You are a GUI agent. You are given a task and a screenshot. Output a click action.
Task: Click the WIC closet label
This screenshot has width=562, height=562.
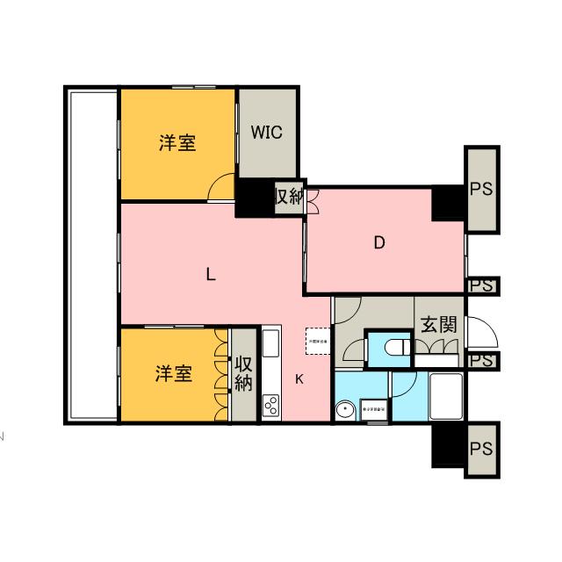[x=267, y=133]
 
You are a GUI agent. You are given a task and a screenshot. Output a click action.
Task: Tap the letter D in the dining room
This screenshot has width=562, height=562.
[x=379, y=243]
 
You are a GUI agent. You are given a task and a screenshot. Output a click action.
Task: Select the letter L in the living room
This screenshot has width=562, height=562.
[x=210, y=273]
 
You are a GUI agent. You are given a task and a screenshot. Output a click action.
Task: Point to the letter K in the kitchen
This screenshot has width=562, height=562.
[x=299, y=379]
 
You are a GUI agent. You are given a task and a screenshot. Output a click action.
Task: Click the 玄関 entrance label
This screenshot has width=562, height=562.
[x=437, y=323]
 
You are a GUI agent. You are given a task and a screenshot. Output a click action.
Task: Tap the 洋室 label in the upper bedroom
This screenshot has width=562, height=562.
[x=177, y=142]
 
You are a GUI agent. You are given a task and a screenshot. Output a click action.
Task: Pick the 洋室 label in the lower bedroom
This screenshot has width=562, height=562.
[x=173, y=373]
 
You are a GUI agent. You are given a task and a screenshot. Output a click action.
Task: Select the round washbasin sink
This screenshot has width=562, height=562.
[x=345, y=410]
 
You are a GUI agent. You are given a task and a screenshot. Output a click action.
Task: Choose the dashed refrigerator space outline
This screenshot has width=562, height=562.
[x=316, y=340]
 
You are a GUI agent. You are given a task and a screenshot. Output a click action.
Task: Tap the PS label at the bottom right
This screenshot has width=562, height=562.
[x=480, y=449]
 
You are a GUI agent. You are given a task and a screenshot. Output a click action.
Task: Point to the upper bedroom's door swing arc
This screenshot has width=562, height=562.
[x=221, y=187]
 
